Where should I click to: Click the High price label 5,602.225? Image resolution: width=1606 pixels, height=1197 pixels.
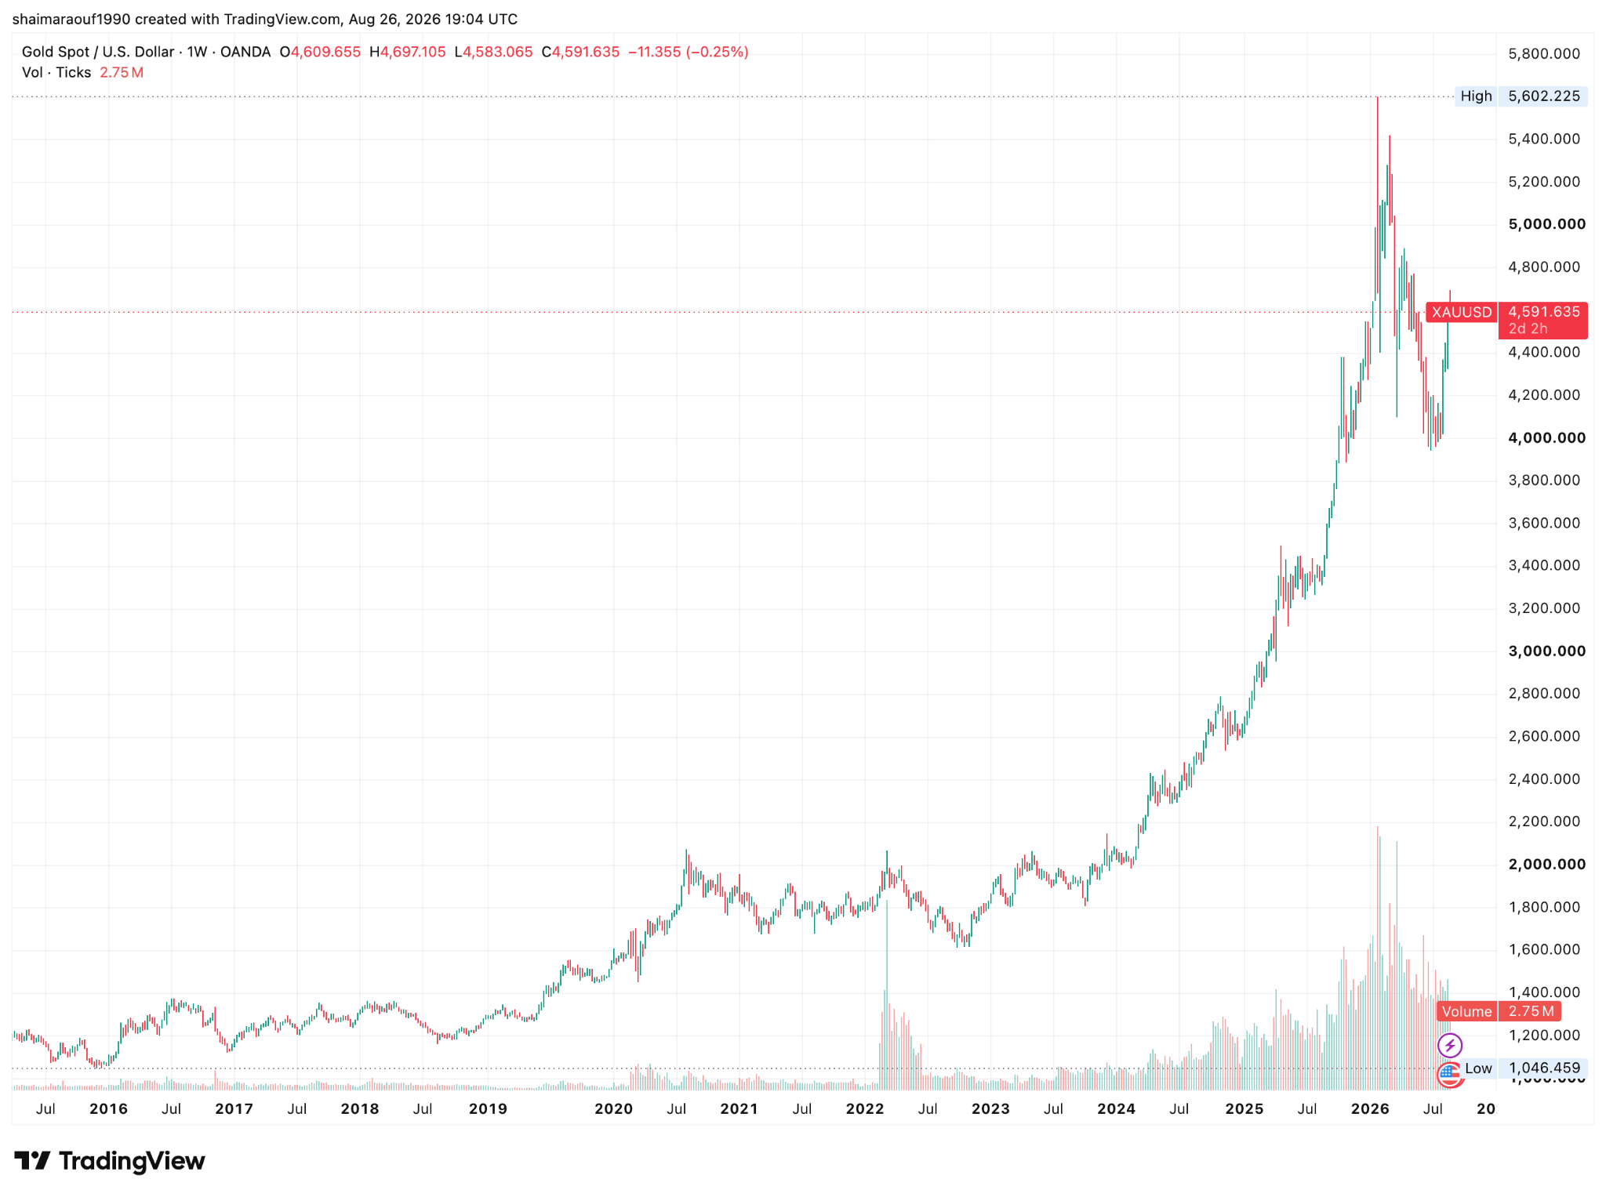[1543, 96]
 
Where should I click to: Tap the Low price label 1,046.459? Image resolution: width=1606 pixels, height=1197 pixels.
[1543, 1068]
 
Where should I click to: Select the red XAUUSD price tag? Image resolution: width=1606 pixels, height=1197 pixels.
[1461, 312]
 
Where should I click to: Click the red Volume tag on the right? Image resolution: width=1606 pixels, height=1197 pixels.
[1466, 1011]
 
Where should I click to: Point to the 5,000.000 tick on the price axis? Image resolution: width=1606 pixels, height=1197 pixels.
[1546, 224]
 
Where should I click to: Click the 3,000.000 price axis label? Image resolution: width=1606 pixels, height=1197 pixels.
[1546, 651]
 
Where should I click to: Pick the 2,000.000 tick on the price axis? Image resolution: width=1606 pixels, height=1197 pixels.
[1546, 864]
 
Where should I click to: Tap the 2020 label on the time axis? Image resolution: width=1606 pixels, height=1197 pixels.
[613, 1108]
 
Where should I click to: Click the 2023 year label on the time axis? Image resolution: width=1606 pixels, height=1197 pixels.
[990, 1108]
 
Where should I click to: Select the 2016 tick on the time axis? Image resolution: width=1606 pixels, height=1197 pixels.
[108, 1108]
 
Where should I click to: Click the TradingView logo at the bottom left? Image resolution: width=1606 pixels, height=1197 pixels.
[110, 1161]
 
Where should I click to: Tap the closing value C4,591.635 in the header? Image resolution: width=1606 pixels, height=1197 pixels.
[580, 52]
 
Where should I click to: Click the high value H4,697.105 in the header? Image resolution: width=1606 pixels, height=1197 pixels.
[408, 52]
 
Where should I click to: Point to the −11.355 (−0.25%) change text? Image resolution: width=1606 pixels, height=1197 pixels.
[689, 52]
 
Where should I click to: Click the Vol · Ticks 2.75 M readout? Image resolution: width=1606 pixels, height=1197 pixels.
[82, 72]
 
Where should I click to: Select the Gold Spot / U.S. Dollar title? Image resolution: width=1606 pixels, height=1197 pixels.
[98, 52]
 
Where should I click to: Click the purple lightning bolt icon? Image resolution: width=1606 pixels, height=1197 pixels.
[1449, 1045]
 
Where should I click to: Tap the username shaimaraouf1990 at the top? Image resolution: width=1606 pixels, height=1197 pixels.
[72, 19]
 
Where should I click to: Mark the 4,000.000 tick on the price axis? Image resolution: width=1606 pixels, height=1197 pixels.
[1546, 437]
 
